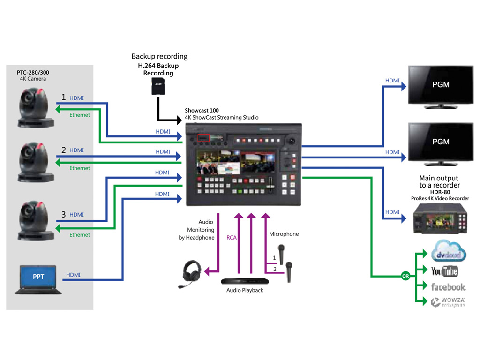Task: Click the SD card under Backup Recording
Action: coord(158,87)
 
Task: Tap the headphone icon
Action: coord(191,273)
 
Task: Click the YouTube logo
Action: coord(444,271)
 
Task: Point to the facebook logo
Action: coord(448,287)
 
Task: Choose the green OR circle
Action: coord(405,276)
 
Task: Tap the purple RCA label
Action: coord(232,238)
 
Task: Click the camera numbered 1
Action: coord(36,109)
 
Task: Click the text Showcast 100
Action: coord(202,111)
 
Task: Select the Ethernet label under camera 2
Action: coord(80,168)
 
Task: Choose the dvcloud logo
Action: coord(449,252)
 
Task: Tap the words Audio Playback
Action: coord(245,290)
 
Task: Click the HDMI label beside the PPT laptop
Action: coord(73,275)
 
